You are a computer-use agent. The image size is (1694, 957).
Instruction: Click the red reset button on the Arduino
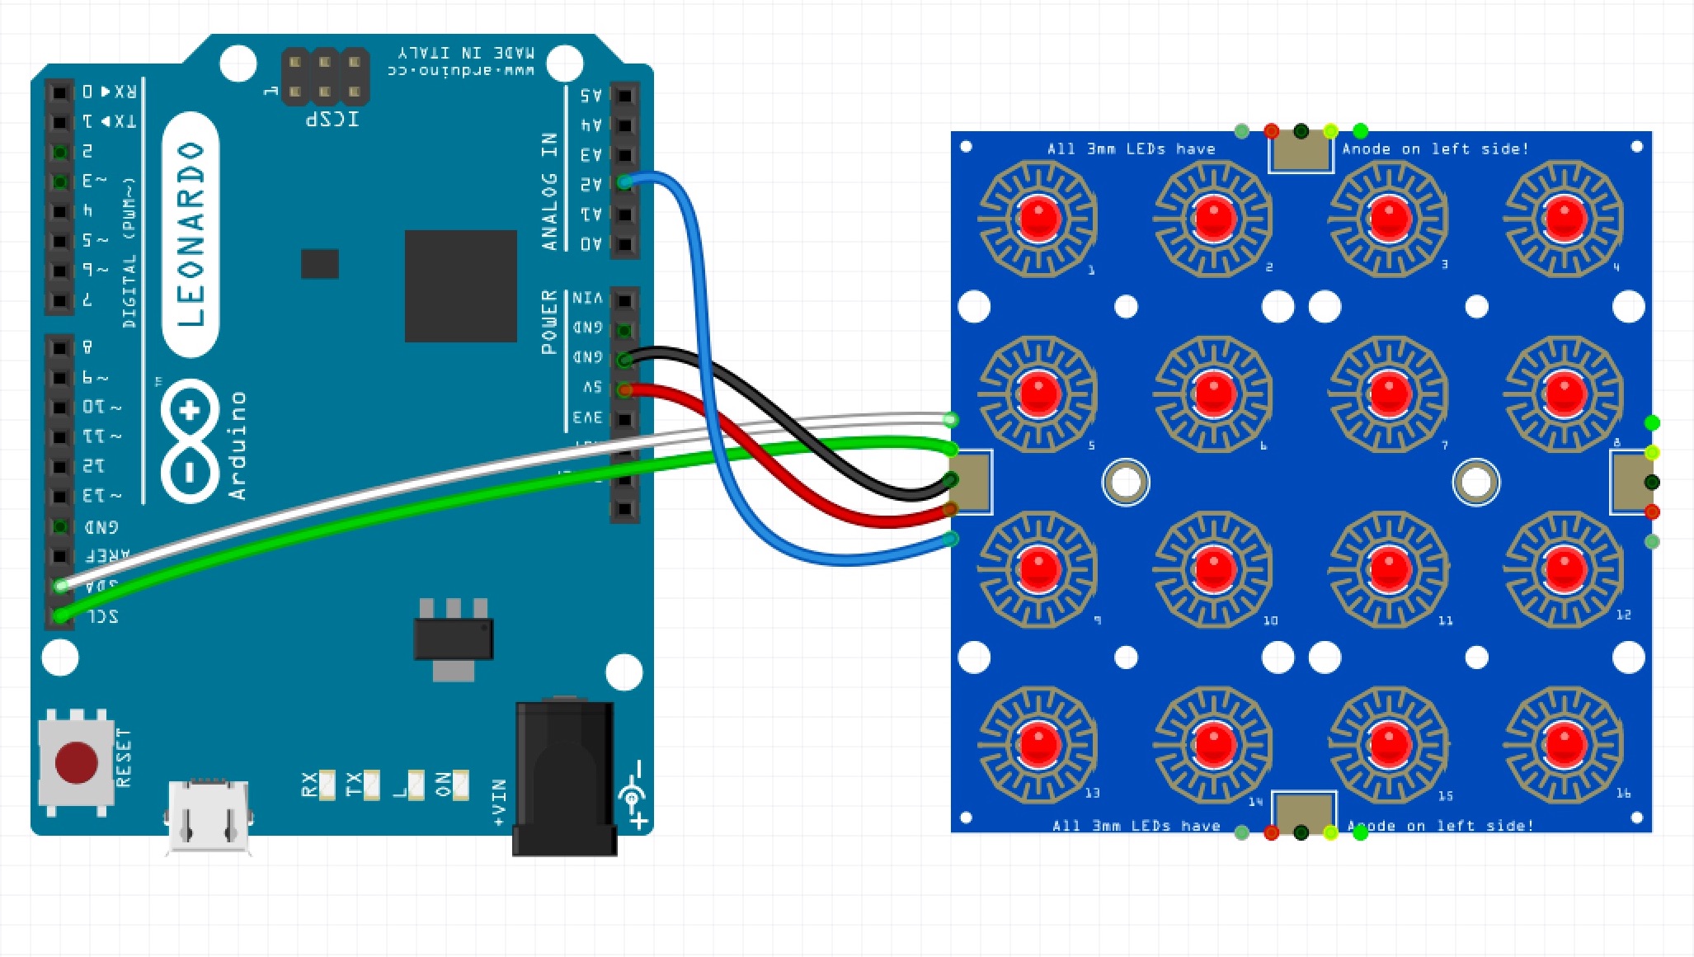coord(76,761)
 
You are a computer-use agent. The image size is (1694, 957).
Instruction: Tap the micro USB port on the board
coord(209,816)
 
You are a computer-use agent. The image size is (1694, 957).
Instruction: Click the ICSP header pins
coord(325,77)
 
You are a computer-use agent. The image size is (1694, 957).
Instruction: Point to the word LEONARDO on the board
coord(191,234)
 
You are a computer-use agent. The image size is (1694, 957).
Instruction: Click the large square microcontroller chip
coord(460,285)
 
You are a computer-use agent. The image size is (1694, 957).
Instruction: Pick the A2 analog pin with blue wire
coord(625,183)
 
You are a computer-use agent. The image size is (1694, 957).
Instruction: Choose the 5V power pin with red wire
coord(625,389)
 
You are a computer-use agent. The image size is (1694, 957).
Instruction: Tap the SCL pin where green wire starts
coord(60,615)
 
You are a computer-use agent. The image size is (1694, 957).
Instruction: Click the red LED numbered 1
coord(1038,219)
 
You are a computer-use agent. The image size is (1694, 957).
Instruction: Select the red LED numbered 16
coord(1565,743)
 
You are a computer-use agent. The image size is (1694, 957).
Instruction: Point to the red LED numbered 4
coord(1565,219)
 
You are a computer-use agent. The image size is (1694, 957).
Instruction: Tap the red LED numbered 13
coord(1038,743)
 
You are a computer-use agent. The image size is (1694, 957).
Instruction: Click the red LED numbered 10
coord(1213,569)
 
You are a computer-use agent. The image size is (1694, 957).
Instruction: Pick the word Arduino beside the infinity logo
coord(238,445)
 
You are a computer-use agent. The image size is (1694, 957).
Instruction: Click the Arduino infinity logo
coord(191,441)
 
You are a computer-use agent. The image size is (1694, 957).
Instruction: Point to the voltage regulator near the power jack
coord(453,639)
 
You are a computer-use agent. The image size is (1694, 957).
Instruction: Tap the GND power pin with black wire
coord(625,360)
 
